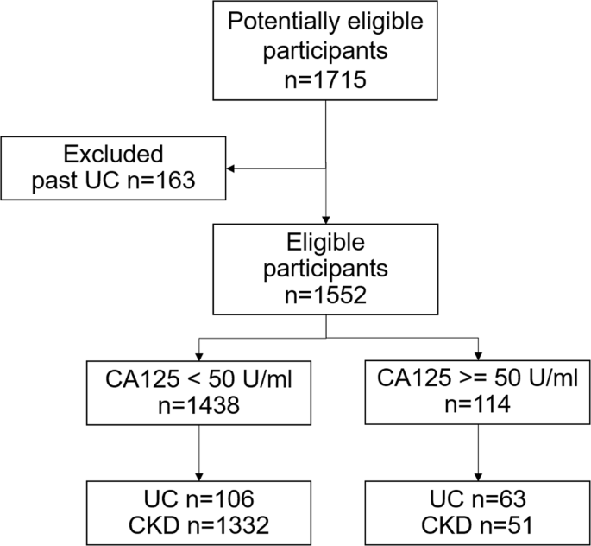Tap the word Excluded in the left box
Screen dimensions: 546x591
tap(113, 155)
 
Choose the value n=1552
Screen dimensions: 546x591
tap(325, 295)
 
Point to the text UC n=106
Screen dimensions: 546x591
tap(199, 498)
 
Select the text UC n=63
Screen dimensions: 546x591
tap(478, 498)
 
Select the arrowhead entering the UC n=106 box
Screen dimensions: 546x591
tap(199, 475)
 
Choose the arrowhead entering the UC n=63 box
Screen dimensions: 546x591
tap(478, 475)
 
